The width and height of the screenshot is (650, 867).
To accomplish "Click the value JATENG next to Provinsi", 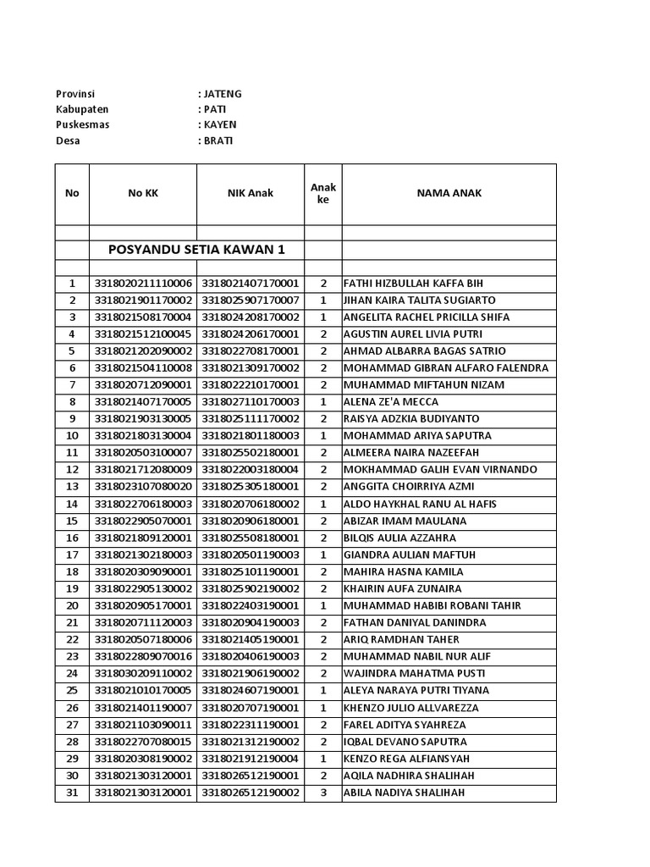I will pos(222,94).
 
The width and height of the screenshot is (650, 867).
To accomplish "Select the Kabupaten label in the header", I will pos(82,109).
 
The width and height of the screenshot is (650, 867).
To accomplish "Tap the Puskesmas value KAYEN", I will pos(219,124).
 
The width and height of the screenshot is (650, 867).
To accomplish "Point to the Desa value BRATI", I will pos(218,141).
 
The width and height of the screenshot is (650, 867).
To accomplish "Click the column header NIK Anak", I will pos(250,193).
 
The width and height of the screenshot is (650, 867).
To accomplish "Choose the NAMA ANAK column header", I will pos(449,193).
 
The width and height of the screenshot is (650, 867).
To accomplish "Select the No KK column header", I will pos(143,193).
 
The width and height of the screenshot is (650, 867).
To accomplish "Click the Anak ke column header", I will pos(322,193).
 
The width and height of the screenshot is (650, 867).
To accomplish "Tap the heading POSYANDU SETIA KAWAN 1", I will pos(196,250).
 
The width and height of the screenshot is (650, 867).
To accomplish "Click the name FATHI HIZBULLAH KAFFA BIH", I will pos(413,284).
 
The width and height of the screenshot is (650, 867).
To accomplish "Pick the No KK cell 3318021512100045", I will pos(143,334).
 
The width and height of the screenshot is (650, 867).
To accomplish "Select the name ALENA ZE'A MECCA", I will pos(390,402).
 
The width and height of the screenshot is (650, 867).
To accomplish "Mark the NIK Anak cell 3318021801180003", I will pos(251,436).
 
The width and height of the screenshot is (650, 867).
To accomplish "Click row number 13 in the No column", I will pos(72,487).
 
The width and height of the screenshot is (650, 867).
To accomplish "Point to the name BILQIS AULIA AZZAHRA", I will pos(399,538).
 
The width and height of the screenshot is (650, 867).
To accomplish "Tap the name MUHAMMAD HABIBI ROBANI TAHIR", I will pos(432,605).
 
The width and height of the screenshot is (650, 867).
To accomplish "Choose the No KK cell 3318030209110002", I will pos(143,673).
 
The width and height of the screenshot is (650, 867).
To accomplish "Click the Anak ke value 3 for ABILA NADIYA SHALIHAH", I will pos(322,792).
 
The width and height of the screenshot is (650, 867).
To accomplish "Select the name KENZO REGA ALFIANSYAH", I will pos(406,759).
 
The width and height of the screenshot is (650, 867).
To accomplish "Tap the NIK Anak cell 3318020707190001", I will pos(251,708).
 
